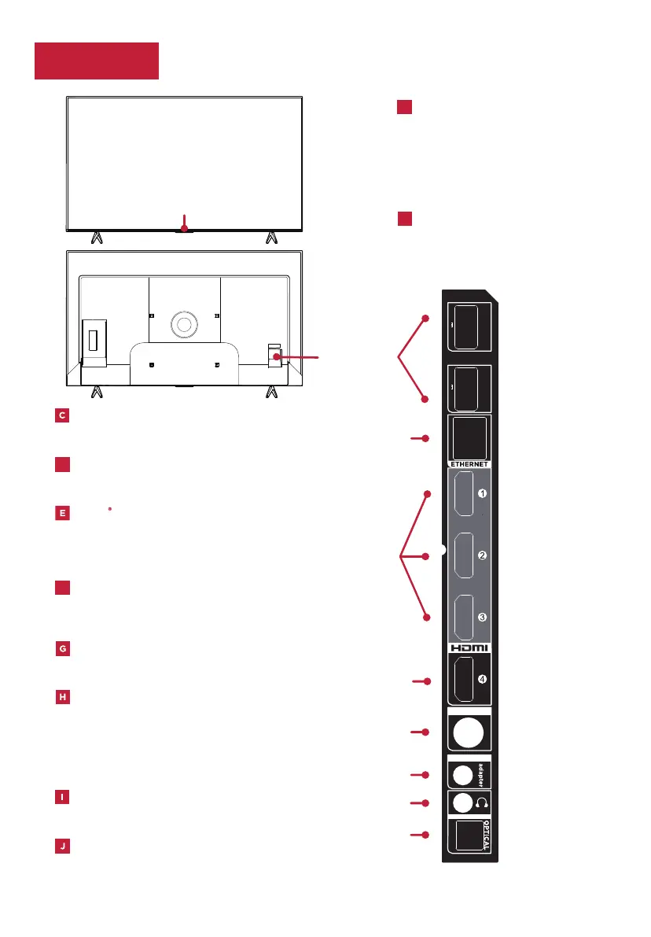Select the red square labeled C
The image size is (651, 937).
[x=63, y=416]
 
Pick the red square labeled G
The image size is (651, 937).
[x=63, y=649]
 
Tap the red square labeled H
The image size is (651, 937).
[x=63, y=697]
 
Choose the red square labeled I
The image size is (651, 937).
[x=63, y=797]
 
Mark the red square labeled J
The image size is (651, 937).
[x=63, y=847]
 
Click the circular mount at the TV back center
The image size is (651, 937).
[x=184, y=323]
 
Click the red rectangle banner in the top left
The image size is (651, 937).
[x=97, y=61]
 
